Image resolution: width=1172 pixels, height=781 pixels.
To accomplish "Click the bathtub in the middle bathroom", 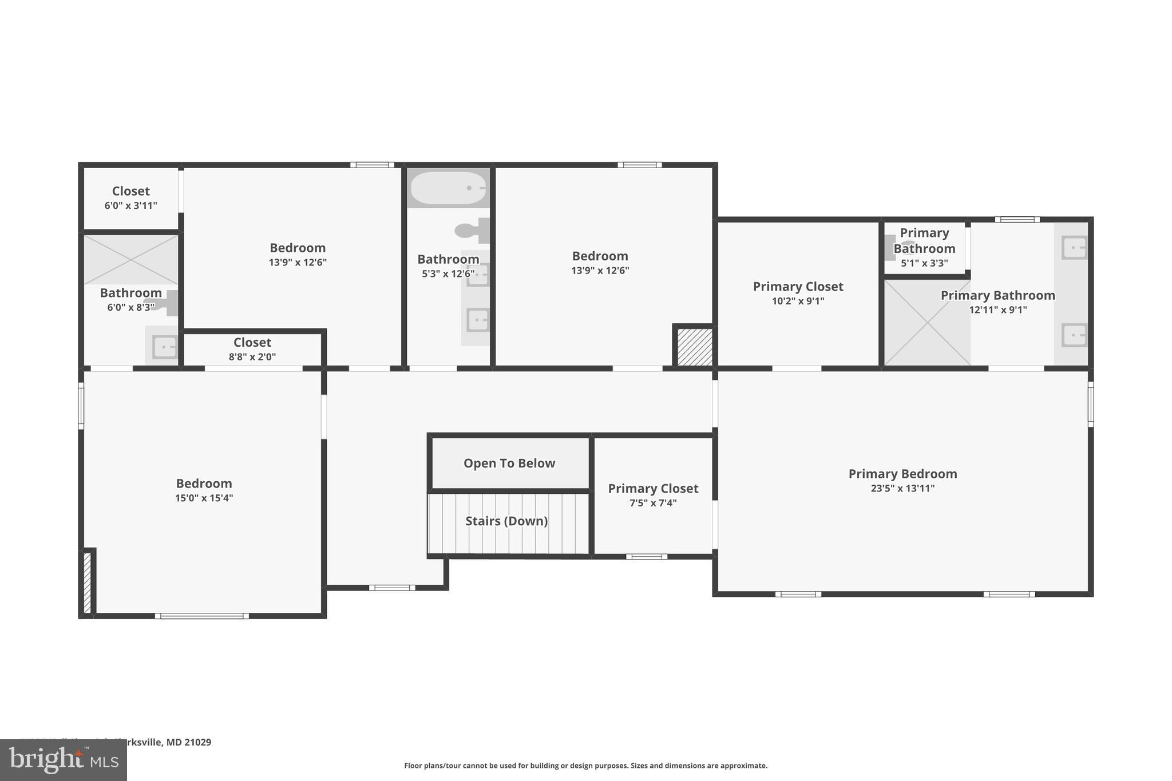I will [x=449, y=188].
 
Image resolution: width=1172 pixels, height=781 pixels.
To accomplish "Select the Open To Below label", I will [x=509, y=463].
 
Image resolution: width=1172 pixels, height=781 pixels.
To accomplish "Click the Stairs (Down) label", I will [x=506, y=521].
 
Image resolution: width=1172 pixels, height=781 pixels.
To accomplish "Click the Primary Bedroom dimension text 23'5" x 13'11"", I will [x=902, y=488].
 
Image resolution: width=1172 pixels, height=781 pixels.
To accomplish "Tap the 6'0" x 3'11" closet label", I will [x=130, y=198].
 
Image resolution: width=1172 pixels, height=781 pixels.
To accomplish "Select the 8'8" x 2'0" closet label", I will [x=252, y=349].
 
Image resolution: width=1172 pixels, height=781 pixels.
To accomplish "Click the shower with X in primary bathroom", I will [x=927, y=323].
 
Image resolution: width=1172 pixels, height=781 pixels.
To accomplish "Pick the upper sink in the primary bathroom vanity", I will [x=1074, y=248].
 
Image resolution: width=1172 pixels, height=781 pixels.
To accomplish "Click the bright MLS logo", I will [x=64, y=760].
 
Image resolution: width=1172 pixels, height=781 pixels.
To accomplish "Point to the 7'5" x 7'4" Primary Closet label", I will [x=653, y=495].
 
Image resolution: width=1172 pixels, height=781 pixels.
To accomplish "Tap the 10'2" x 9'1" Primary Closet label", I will [x=798, y=293].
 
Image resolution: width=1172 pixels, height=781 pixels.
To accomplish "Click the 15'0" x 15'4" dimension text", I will [x=204, y=498].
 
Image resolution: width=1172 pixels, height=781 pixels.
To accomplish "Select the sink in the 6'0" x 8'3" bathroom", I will [x=165, y=347].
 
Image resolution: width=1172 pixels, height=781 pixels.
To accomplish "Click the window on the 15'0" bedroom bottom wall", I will [x=201, y=616].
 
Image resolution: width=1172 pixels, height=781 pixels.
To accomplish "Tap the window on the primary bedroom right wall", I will [x=1090, y=404].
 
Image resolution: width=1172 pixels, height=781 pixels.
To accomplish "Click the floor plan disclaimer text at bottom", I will [x=585, y=766].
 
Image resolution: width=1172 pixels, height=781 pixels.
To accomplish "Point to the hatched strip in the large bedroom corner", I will [x=88, y=583].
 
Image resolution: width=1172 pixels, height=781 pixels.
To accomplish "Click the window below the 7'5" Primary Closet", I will [x=646, y=556].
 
